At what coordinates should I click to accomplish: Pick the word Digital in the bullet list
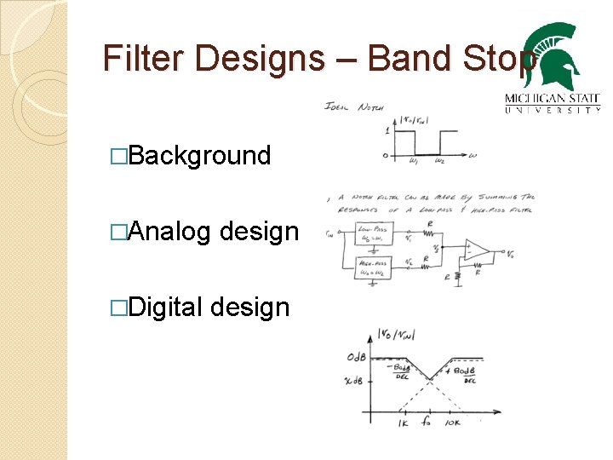point(166,306)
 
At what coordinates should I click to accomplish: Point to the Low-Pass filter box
point(372,233)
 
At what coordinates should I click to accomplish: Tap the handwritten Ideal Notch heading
point(354,106)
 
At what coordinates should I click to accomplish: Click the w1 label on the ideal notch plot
point(413,161)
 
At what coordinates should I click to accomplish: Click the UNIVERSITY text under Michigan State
point(553,109)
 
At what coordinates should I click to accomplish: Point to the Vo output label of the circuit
point(509,253)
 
